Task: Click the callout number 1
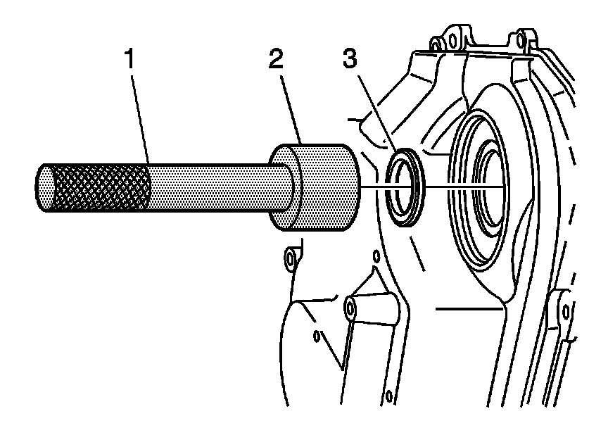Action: pos(130,58)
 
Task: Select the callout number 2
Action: pos(276,58)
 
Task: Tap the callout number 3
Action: pos(350,58)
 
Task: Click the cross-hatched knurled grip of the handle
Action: pos(100,188)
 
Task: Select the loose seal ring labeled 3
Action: pos(405,187)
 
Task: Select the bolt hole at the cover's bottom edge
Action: pos(389,396)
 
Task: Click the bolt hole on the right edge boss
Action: pos(566,311)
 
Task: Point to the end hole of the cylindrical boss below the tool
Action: pos(350,309)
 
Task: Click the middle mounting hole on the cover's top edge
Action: pos(451,39)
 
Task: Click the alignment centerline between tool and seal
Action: pos(432,188)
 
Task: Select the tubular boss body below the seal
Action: pos(372,308)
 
